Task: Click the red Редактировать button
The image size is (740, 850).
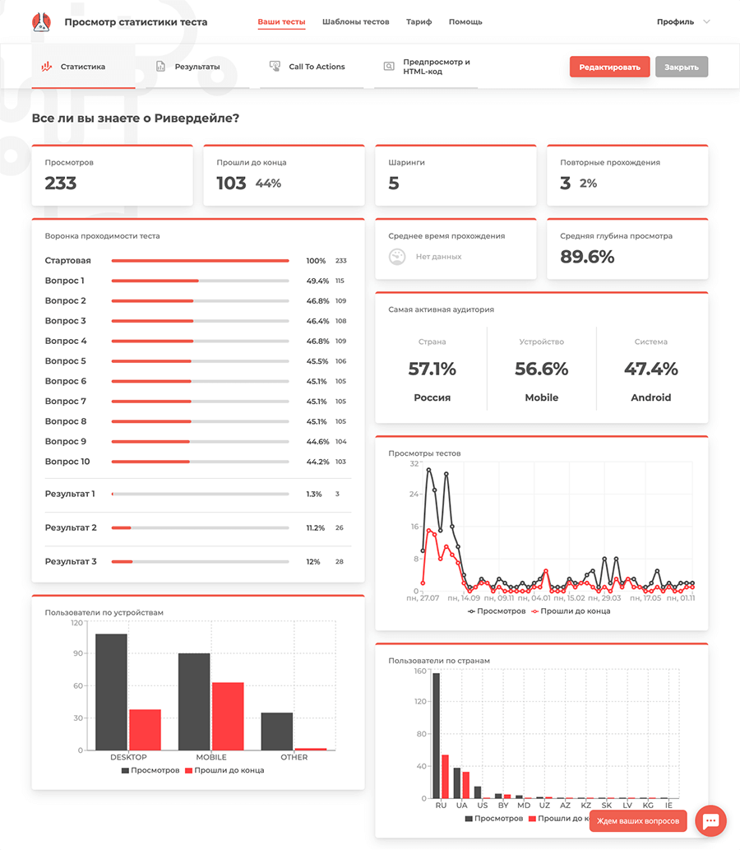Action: coord(609,67)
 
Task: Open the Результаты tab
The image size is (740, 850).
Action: coord(197,67)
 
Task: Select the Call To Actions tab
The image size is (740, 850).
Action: coord(317,67)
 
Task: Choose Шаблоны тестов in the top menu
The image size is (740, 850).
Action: coord(355,21)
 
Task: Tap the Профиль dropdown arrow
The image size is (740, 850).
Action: coord(706,21)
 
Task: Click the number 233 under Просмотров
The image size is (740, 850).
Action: coord(61,183)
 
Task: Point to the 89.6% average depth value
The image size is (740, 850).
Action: coord(587,257)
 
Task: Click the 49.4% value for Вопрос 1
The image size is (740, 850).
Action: coord(317,281)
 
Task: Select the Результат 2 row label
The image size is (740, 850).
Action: coord(71,527)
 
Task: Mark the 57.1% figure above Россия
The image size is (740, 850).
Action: coord(432,369)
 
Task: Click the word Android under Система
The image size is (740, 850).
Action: coord(650,397)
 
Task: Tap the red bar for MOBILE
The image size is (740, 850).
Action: coord(228,716)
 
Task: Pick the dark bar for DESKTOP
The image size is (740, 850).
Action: coord(111,692)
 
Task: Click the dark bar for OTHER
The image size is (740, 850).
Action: coord(277,732)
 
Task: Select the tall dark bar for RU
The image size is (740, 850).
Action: coord(436,736)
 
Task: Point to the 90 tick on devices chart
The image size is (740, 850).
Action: coord(78,653)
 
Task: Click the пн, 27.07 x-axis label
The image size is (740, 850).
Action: coord(423,598)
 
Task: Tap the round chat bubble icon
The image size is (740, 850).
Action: coord(710,821)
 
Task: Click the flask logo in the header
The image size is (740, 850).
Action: coord(41,21)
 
